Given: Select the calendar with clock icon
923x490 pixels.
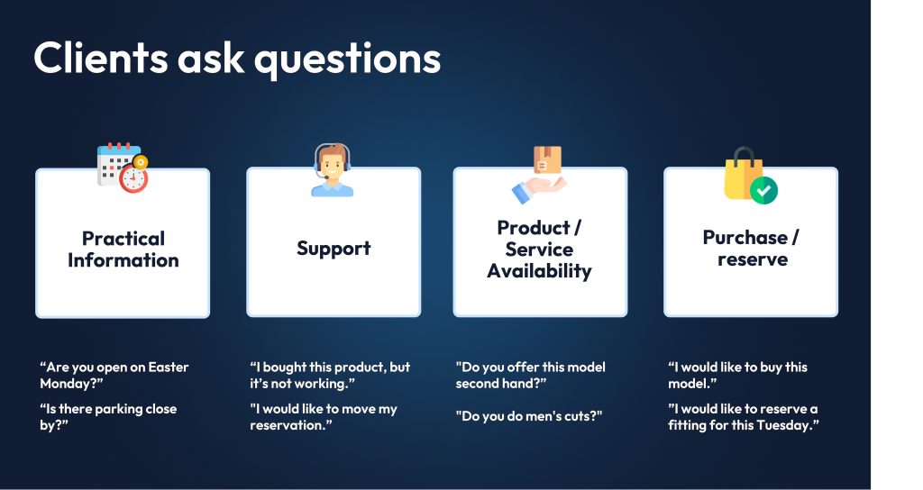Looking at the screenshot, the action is point(123,168).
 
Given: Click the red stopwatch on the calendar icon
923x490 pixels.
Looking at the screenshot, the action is point(133,179).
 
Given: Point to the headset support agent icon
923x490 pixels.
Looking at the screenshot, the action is point(332,169).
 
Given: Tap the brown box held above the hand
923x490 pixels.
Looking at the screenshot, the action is point(547,160).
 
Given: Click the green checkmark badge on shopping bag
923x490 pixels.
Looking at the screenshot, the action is point(763,190).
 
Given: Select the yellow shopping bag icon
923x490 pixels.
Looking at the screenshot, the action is point(744,174).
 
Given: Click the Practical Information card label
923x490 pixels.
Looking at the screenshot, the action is point(123,250).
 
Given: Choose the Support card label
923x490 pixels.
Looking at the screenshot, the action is point(334,249).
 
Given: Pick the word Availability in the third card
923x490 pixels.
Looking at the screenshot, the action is point(539,271).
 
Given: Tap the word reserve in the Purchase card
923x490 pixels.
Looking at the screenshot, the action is point(753,259).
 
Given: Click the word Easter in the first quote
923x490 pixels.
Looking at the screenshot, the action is point(169,367).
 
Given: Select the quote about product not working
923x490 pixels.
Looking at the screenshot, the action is point(330,376).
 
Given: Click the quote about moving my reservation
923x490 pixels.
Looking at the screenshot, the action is point(324,417).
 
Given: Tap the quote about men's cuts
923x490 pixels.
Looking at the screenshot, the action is point(528,416).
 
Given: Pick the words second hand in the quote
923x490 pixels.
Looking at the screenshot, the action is point(498,384).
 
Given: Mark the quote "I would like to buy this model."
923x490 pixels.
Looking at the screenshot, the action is point(737,376).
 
